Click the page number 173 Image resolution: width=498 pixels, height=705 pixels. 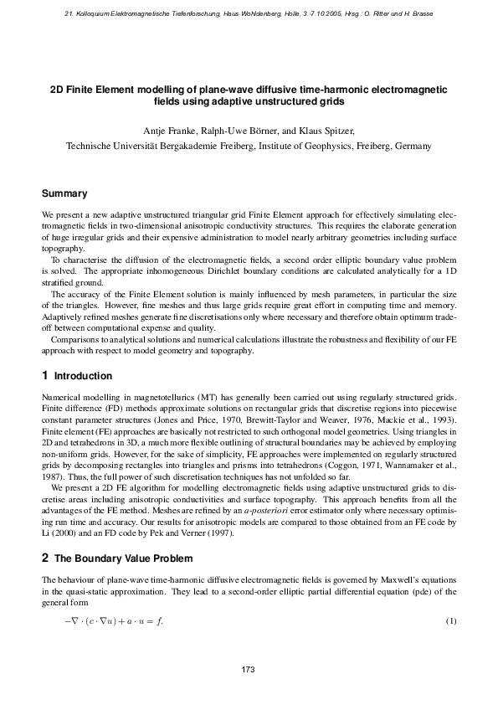(248, 669)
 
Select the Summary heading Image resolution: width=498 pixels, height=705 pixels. (64, 193)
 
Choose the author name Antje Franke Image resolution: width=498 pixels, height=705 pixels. (169, 131)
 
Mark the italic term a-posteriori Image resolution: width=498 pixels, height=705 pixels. (243, 512)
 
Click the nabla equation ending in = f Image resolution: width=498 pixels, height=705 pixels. (114, 620)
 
